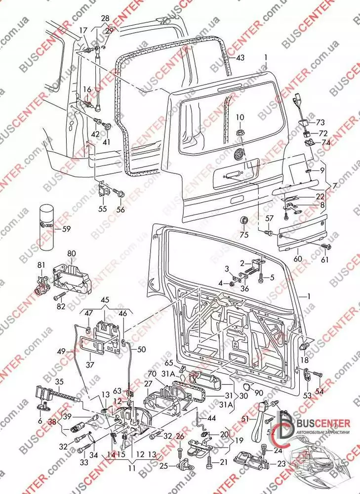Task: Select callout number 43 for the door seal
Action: click(x=240, y=58)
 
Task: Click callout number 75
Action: click(x=243, y=234)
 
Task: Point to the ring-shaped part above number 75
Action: click(x=244, y=220)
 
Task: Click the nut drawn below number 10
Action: click(x=240, y=132)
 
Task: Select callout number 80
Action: click(x=72, y=254)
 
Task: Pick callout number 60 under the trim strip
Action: click(x=297, y=258)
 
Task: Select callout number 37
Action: click(x=90, y=365)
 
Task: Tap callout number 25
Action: click(x=164, y=466)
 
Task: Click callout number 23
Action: click(x=281, y=464)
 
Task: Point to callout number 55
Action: click(x=102, y=209)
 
